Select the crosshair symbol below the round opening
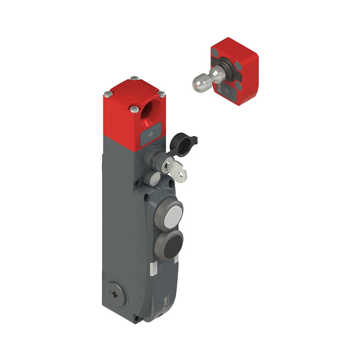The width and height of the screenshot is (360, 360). tap(150, 134)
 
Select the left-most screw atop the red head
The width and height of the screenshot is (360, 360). tap(108, 95)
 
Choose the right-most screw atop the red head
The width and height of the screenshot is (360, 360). tap(162, 94)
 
